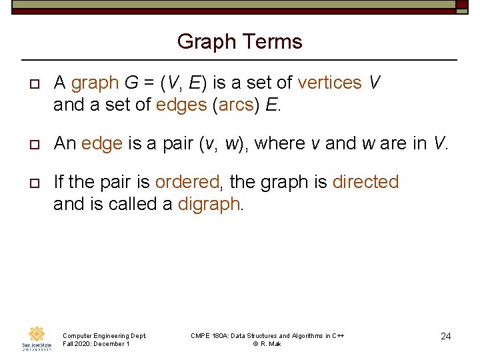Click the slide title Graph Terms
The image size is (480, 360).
[x=239, y=42]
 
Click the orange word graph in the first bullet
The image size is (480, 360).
[x=95, y=83]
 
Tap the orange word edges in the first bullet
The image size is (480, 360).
[x=181, y=105]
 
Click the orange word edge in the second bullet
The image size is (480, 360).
[x=102, y=143]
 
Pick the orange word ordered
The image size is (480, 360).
[x=189, y=182]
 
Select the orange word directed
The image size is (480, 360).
[x=365, y=182]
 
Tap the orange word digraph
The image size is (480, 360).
[x=211, y=204]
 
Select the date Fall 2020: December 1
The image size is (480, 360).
[x=95, y=344]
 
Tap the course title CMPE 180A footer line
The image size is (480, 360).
[x=267, y=335]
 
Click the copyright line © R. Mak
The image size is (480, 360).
[x=267, y=344]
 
